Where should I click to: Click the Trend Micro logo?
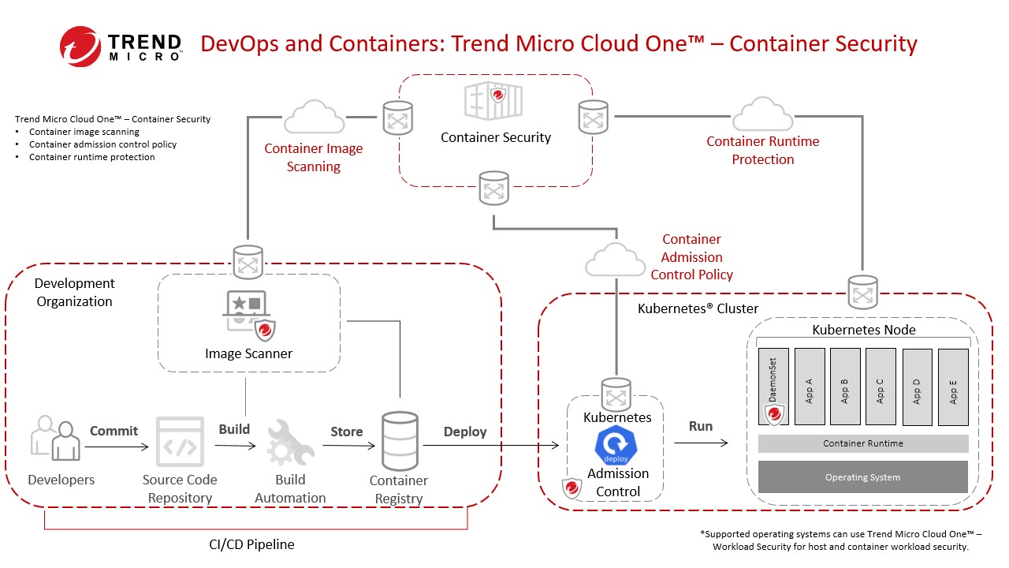pyautogui.click(x=121, y=46)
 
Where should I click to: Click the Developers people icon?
pyautogui.click(x=56, y=439)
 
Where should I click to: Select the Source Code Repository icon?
pyautogui.click(x=180, y=441)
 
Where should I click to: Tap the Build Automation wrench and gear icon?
pyautogui.click(x=289, y=443)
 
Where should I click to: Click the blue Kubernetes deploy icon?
pyautogui.click(x=617, y=446)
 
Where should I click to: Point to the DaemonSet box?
pyautogui.click(x=774, y=387)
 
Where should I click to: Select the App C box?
pyautogui.click(x=880, y=387)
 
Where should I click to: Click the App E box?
pyautogui.click(x=952, y=387)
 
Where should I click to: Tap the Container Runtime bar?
pyautogui.click(x=863, y=443)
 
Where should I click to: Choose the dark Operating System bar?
pyautogui.click(x=863, y=477)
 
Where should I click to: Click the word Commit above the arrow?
pyautogui.click(x=114, y=431)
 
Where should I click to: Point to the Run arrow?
pyautogui.click(x=701, y=443)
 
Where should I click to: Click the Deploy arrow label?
pyautogui.click(x=465, y=432)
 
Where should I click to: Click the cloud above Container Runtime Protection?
pyautogui.click(x=762, y=115)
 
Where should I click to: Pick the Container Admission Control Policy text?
pyautogui.click(x=691, y=257)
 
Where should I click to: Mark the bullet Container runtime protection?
pyautogui.click(x=91, y=157)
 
